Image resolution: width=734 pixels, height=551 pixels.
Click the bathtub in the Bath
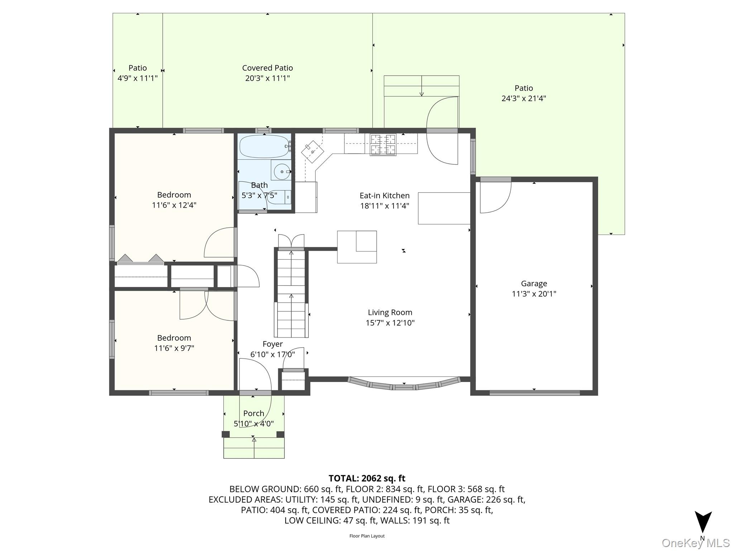264,146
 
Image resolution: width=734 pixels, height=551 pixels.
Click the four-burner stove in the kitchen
383,144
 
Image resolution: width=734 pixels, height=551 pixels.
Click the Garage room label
534,283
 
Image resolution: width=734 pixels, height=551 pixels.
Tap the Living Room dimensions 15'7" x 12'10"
390,323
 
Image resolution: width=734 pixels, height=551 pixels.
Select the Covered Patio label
267,68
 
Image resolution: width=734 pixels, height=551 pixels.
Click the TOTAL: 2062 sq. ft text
367,478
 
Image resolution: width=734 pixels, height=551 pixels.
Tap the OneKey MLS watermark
695,543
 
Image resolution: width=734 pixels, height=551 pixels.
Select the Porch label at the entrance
254,413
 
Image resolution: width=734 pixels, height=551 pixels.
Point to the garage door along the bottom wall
534,393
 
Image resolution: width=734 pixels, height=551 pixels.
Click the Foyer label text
272,344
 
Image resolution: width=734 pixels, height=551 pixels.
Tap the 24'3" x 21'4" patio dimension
524,98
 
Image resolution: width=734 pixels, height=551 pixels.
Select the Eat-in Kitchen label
385,196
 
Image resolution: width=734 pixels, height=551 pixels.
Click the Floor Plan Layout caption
367,536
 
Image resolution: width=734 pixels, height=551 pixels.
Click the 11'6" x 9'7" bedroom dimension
174,348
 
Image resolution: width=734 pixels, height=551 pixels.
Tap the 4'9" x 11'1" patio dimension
138,78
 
